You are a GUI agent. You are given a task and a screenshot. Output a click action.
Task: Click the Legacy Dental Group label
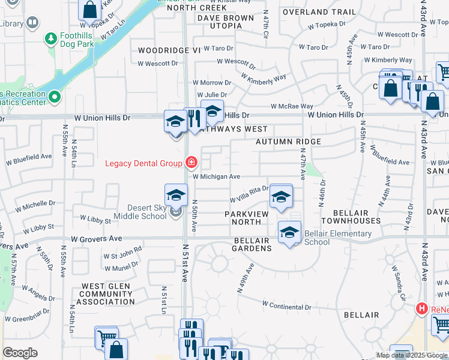point(144,163)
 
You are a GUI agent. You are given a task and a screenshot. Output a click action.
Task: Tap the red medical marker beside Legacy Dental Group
point(191,162)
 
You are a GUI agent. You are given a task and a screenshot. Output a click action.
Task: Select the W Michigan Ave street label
point(216,176)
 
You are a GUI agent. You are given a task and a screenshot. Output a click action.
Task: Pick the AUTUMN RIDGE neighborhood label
point(288,142)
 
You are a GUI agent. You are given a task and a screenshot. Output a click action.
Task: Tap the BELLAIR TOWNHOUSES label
point(351,217)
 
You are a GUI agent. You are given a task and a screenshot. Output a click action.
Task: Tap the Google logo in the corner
point(20,353)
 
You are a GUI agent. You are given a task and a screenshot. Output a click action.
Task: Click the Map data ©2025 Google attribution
point(411,355)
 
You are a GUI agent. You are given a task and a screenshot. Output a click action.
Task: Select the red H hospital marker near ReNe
point(422,308)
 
